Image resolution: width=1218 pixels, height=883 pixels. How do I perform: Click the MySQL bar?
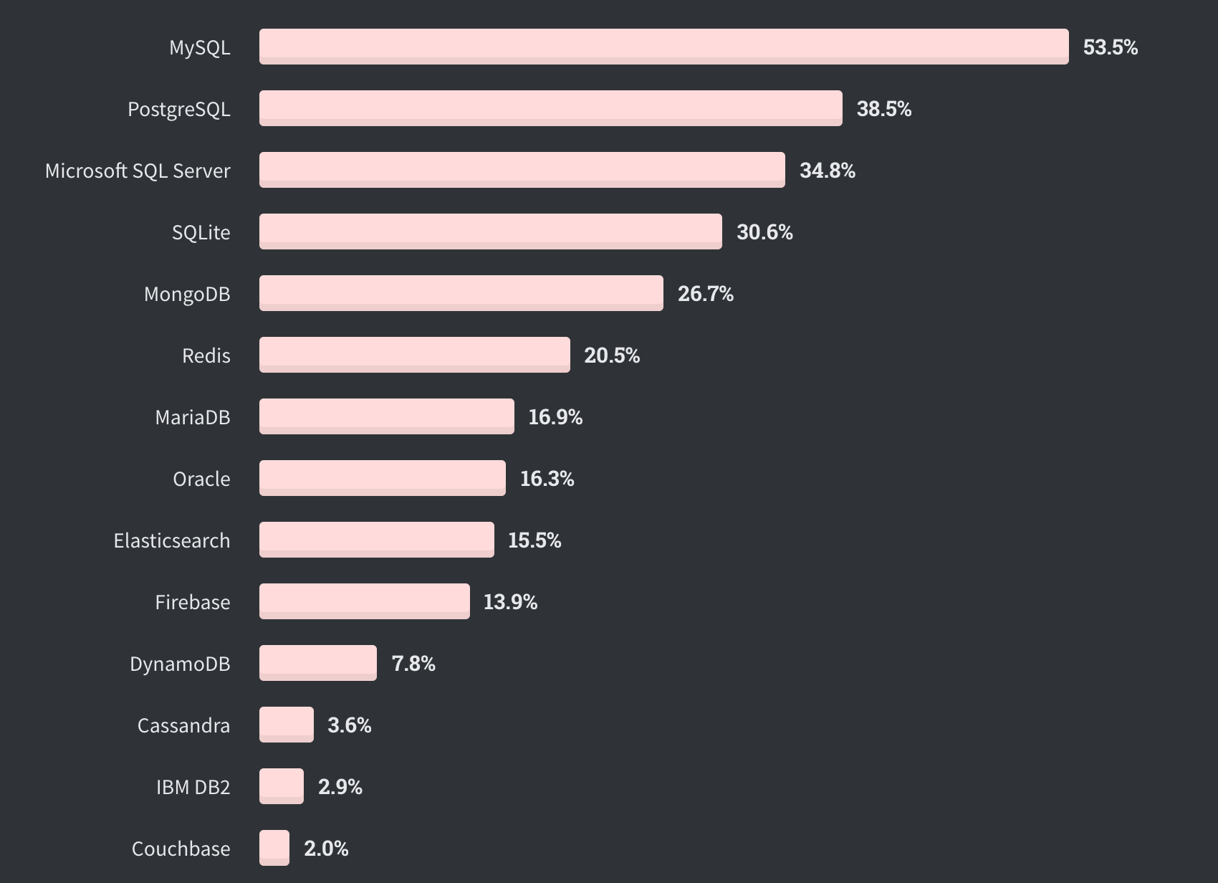click(663, 47)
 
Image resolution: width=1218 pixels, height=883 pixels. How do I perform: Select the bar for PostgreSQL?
click(550, 108)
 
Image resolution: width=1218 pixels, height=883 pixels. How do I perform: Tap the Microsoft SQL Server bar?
click(522, 170)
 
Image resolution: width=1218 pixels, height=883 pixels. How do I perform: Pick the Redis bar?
click(414, 355)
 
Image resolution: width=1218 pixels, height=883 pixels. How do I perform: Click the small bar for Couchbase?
click(274, 848)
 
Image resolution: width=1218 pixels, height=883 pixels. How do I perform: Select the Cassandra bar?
click(286, 725)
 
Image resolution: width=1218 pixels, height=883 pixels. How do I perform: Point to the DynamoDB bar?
click(317, 663)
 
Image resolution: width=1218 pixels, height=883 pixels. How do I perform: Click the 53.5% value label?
click(1110, 47)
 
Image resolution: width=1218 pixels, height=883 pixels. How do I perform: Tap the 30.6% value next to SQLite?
click(764, 232)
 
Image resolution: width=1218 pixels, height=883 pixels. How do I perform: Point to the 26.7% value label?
click(705, 294)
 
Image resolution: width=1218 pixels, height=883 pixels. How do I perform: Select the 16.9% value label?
click(555, 417)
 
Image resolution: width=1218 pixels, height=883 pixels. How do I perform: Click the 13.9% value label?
click(510, 602)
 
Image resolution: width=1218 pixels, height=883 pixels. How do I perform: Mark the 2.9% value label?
click(340, 787)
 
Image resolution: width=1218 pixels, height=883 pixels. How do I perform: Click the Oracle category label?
click(201, 479)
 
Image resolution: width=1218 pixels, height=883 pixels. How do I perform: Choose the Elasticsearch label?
click(172, 540)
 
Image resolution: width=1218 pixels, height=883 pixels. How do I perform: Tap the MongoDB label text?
click(187, 294)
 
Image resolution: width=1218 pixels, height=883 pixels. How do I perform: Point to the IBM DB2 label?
click(193, 787)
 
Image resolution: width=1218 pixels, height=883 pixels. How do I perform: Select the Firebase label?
click(193, 602)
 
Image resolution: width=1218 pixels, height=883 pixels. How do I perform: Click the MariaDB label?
click(193, 417)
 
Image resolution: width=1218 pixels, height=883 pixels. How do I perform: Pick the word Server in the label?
click(202, 171)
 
